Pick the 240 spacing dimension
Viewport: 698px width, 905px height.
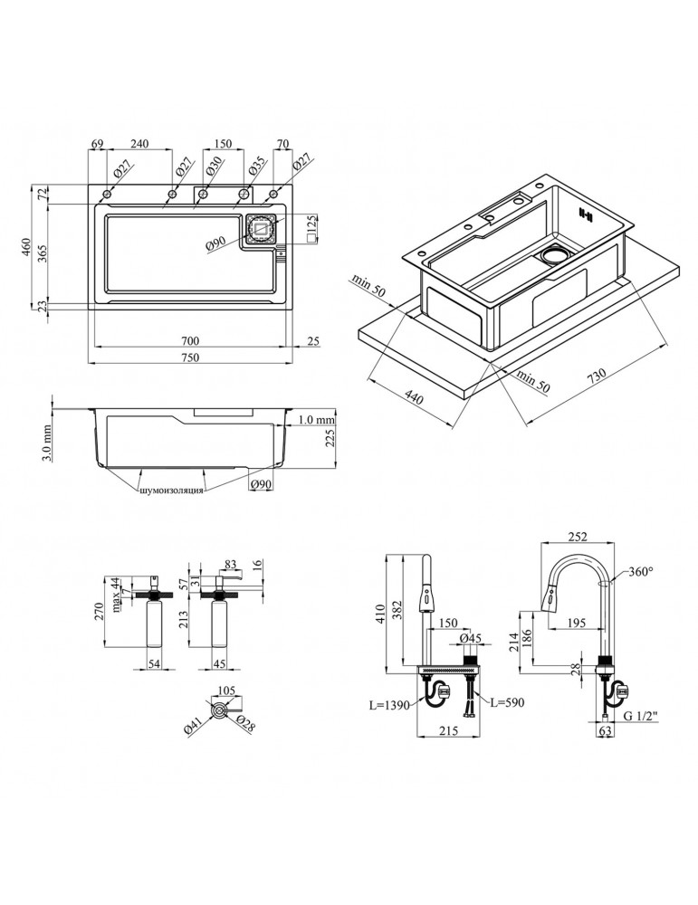click(139, 143)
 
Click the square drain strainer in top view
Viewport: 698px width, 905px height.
click(261, 230)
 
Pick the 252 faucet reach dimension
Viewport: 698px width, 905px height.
click(576, 535)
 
